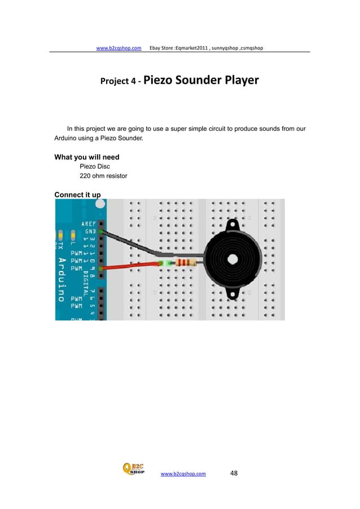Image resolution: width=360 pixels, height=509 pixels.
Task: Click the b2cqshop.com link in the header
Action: [118, 48]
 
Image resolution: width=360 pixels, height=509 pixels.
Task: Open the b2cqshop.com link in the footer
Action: [183, 475]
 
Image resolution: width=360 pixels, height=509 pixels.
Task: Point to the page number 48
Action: [235, 473]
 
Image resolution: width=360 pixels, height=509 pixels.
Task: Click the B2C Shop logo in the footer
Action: [134, 469]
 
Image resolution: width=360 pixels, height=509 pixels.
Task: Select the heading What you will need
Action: [86, 157]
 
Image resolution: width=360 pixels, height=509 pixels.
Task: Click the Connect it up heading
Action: [77, 195]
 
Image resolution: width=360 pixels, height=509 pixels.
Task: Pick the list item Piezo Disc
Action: [95, 166]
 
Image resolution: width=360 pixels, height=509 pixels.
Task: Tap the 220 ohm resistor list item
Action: [103, 176]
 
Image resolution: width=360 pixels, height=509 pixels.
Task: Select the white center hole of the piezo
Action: [232, 261]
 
